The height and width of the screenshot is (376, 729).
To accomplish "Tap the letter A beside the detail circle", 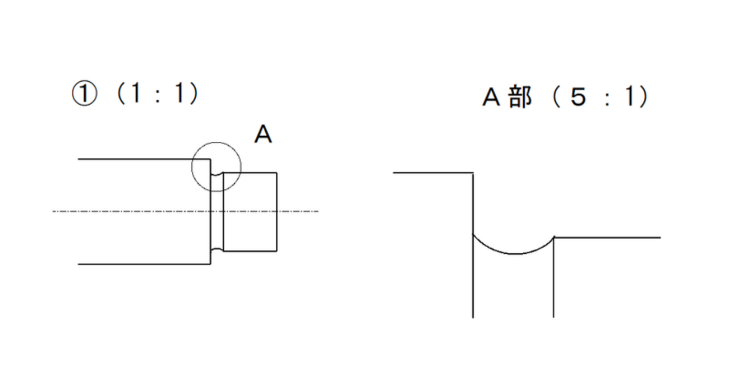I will (262, 134).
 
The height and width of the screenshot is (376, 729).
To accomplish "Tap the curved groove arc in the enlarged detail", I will (514, 253).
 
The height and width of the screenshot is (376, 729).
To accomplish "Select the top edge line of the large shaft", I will (140, 160).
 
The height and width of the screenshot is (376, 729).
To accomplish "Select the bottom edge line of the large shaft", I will (140, 264).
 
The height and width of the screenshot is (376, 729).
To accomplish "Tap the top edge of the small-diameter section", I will (250, 173).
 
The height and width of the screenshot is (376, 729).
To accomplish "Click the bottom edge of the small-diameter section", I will (250, 250).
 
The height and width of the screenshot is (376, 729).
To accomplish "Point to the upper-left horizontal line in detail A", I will (432, 173).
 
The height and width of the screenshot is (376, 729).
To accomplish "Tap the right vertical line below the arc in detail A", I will (553, 280).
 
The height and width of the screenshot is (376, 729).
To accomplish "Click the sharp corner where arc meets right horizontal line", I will (554, 237).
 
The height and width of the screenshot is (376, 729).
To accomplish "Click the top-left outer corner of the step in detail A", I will (473, 173).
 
